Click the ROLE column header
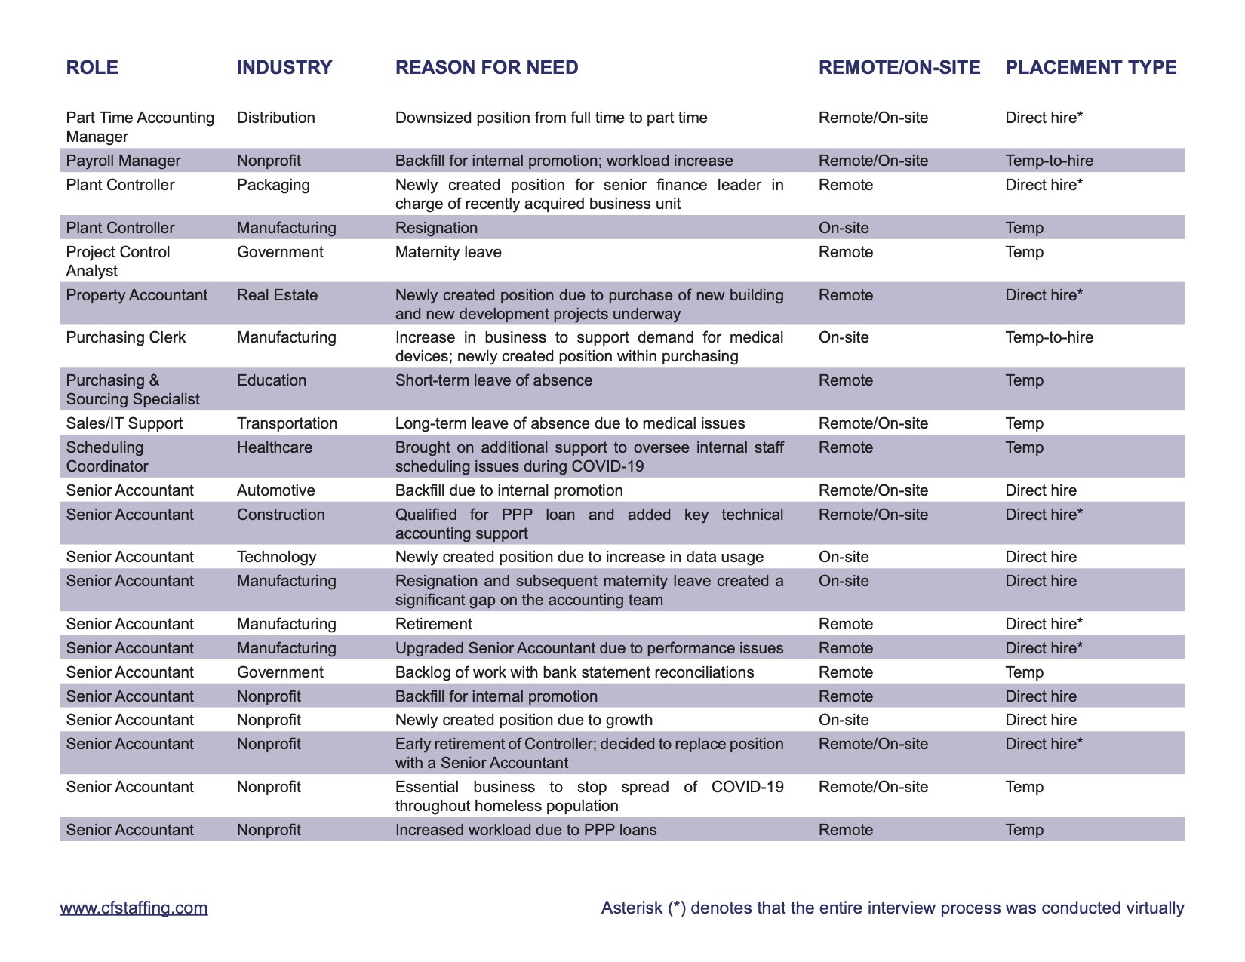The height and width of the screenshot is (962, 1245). pyautogui.click(x=92, y=68)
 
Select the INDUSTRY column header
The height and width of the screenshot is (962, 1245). pyautogui.click(x=284, y=68)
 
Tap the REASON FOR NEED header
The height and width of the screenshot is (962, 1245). pyautogui.click(x=487, y=68)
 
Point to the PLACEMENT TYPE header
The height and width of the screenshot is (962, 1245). pyautogui.click(x=1090, y=68)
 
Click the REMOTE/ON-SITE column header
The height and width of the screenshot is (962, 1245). pyautogui.click(x=899, y=68)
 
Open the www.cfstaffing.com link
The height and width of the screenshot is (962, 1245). pyautogui.click(x=134, y=908)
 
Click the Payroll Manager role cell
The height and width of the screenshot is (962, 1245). pyautogui.click(x=123, y=161)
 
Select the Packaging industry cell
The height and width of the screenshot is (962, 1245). pyautogui.click(x=273, y=185)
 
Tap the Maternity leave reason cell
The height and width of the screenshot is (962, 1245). pyautogui.click(x=448, y=252)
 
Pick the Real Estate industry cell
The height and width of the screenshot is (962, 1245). pyautogui.click(x=277, y=295)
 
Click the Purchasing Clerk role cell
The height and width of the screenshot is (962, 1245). pyautogui.click(x=125, y=337)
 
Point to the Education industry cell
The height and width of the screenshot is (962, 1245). pyautogui.click(x=272, y=380)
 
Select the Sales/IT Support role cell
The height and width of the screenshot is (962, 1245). pyautogui.click(x=124, y=423)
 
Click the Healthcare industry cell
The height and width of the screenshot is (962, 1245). pyautogui.click(x=275, y=447)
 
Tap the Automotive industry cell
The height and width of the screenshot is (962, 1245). pyautogui.click(x=276, y=490)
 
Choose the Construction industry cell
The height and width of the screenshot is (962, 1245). pyautogui.click(x=281, y=515)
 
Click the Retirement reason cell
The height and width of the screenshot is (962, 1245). pyautogui.click(x=434, y=624)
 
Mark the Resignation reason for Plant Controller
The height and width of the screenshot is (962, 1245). pyautogui.click(x=436, y=228)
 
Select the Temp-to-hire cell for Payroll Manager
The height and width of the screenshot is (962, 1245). pyautogui.click(x=1049, y=161)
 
